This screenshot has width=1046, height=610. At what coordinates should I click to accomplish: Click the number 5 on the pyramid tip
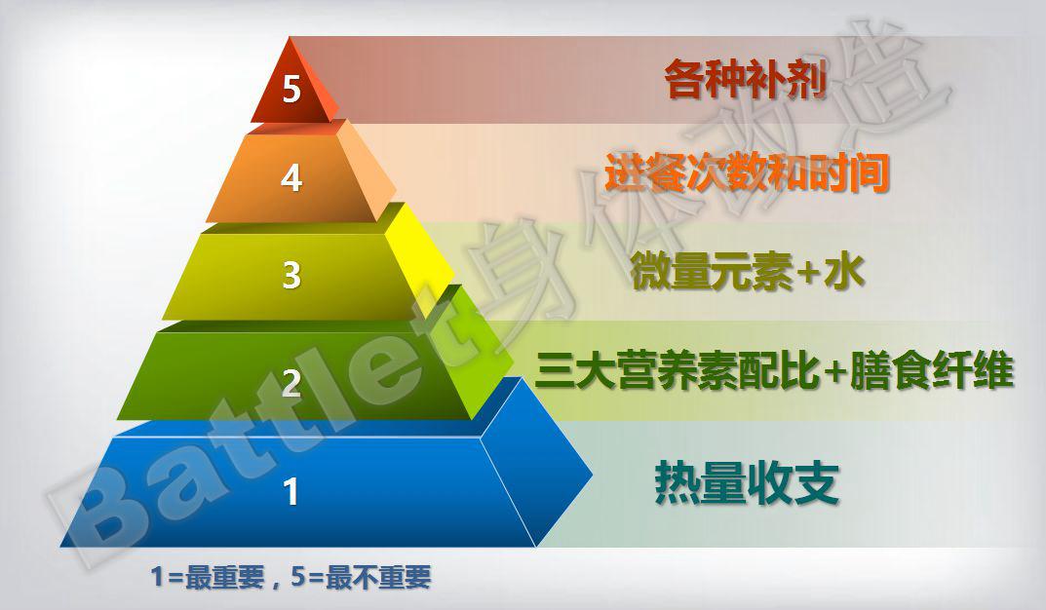[x=291, y=91]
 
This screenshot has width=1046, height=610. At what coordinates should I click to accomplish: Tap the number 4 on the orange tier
[x=291, y=179]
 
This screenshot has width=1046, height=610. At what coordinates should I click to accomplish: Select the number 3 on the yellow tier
[x=291, y=276]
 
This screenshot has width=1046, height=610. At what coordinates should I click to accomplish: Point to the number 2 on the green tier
[x=291, y=384]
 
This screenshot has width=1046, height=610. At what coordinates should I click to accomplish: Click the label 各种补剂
[x=746, y=80]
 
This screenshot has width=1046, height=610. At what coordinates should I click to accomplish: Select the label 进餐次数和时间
[x=747, y=172]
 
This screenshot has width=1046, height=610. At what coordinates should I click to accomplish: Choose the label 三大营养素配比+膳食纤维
[x=775, y=371]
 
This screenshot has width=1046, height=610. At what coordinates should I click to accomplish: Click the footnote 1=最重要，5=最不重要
[x=291, y=577]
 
